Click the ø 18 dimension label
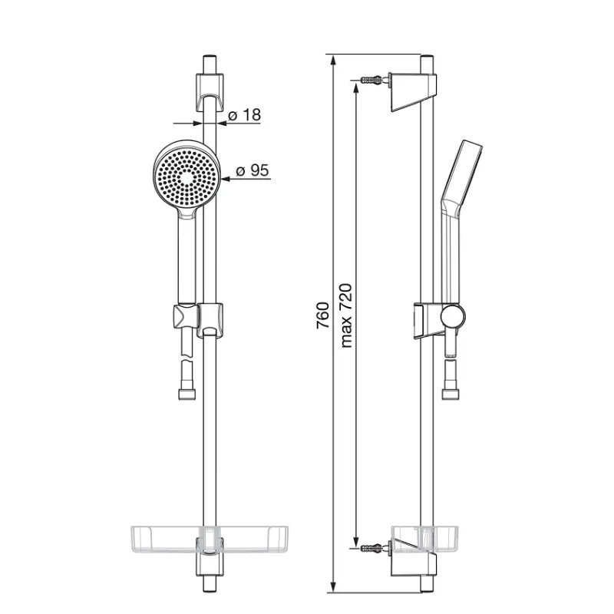click(x=244, y=115)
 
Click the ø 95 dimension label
click(x=253, y=170)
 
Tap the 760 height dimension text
click(x=323, y=315)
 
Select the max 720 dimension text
click(x=347, y=315)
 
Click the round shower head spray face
click(x=187, y=179)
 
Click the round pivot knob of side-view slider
click(x=453, y=316)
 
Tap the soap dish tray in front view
click(x=209, y=540)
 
